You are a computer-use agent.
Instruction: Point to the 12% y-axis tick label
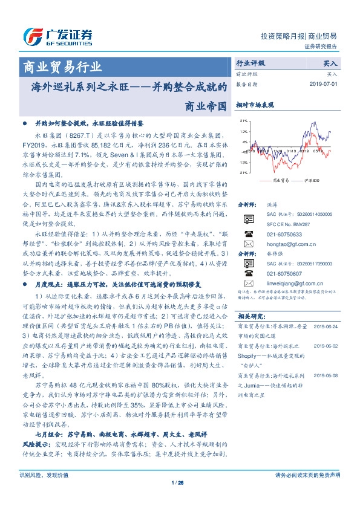244,131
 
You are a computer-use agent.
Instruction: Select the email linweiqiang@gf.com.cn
287,282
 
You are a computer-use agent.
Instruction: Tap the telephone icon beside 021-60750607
249,272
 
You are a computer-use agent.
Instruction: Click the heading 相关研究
251,316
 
